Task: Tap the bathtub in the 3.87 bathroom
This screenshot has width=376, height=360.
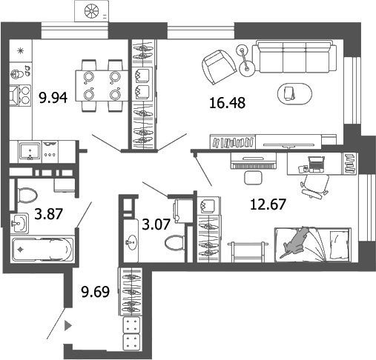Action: [43, 248]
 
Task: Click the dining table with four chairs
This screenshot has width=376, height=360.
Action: [102, 84]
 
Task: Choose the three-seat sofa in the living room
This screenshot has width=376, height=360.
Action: [292, 56]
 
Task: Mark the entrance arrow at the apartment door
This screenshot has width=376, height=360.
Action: [68, 324]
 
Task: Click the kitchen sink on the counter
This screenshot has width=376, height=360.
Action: [31, 150]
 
